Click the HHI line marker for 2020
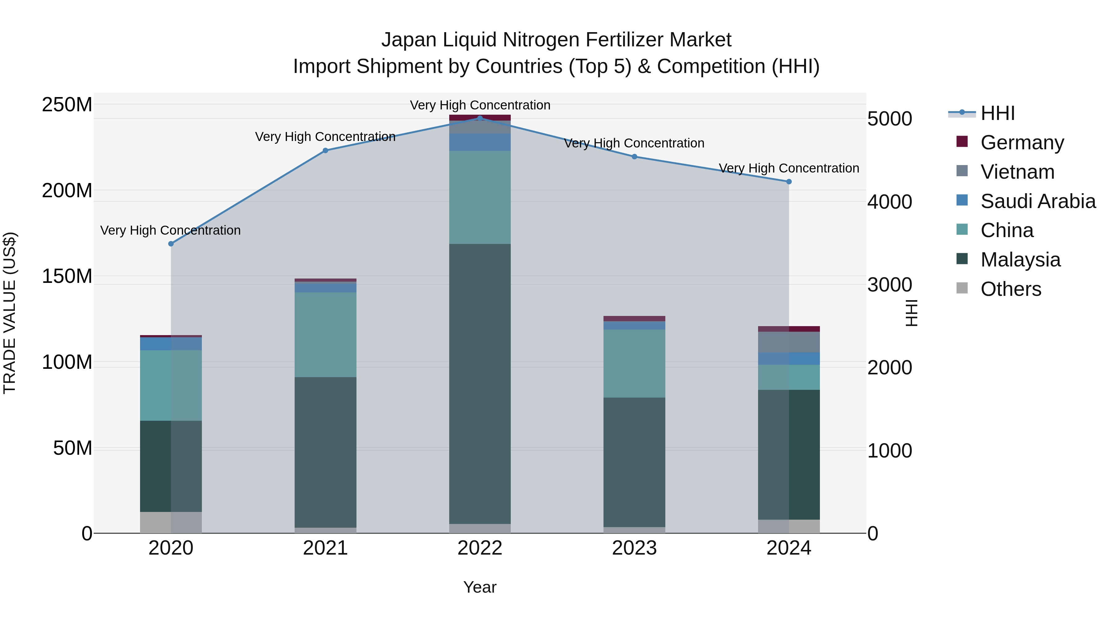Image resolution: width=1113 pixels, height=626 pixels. pos(171,244)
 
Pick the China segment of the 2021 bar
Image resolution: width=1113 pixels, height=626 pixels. pos(325,335)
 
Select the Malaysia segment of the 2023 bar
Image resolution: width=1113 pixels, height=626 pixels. pos(634,462)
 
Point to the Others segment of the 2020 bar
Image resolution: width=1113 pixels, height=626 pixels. pos(171,522)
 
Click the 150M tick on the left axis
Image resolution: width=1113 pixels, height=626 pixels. pos(67,276)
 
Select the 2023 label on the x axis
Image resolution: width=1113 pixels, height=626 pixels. pos(634,548)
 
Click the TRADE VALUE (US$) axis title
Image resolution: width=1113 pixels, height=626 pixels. pos(10,313)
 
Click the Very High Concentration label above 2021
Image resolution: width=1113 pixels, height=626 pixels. pos(325,137)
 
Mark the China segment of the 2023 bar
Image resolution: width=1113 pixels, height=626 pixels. pos(634,363)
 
